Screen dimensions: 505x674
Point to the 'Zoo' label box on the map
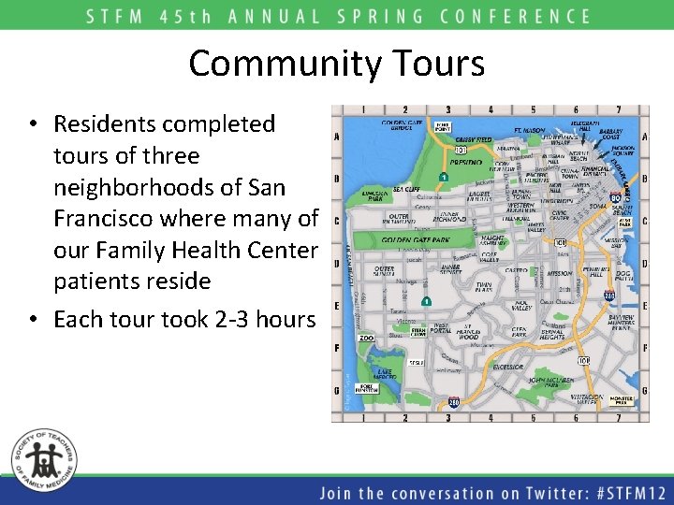[x=366, y=338]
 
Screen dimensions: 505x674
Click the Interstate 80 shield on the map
[x=614, y=198]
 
